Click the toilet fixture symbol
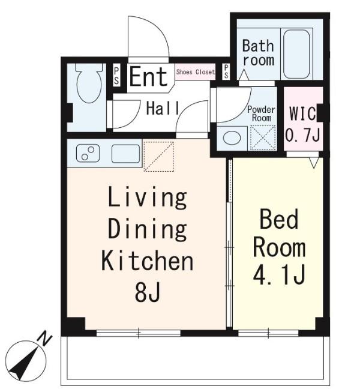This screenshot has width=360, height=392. tap(89, 83)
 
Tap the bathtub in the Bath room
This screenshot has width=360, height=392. tap(296, 54)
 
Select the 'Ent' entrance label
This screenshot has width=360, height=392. tap(148, 77)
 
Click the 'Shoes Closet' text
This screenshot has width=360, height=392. tap(196, 72)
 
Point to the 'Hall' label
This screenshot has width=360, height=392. tap(163, 108)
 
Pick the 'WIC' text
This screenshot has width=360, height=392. tap(302, 113)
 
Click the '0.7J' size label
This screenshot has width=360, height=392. tap(302, 135)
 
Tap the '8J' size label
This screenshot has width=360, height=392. tap(148, 292)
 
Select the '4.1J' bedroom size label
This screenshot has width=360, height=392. tap(279, 276)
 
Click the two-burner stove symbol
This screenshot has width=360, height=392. tap(88, 153)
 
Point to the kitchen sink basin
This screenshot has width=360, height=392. tap(125, 154)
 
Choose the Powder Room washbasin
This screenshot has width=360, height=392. tap(232, 138)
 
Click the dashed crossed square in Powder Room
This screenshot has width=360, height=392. tap(263, 138)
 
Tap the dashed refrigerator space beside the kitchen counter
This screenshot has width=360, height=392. tap(159, 157)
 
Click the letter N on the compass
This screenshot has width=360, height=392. tap(45, 338)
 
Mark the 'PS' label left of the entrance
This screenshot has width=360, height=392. tap(116, 76)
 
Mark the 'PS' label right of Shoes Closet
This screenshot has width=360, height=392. tap(226, 71)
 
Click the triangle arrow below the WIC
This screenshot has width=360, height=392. tap(314, 163)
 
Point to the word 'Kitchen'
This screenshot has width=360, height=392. tap(148, 261)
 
